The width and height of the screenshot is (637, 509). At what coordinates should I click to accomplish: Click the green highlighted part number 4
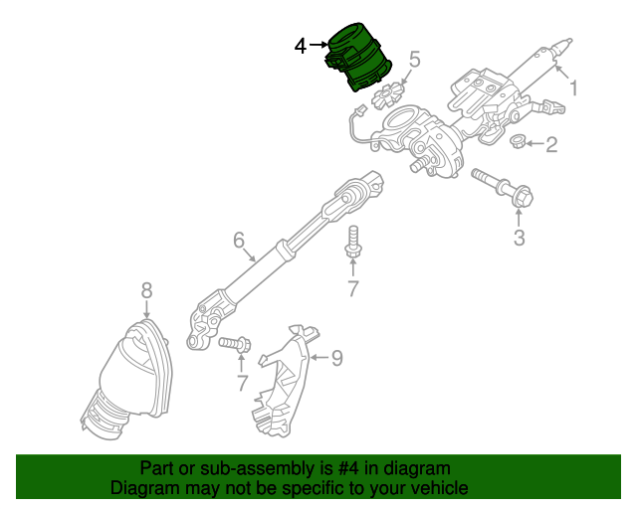pos(357,57)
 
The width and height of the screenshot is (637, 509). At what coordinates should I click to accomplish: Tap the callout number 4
pos(301,46)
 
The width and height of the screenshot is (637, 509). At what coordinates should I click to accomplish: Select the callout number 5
pos(414,60)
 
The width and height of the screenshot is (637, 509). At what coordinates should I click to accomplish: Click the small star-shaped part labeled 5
pos(387,96)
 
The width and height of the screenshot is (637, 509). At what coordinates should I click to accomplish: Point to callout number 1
pos(573,88)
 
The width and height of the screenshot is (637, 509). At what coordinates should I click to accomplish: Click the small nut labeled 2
pos(518,141)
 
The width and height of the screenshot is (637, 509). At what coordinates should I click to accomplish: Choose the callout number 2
pos(551,144)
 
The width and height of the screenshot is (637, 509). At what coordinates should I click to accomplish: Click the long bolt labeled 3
pos(502,188)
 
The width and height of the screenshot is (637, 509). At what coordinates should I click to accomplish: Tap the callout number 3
pos(520,238)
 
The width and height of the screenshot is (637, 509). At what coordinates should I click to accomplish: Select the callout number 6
pos(239,240)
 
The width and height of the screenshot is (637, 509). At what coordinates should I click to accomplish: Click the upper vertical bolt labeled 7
pos(353,242)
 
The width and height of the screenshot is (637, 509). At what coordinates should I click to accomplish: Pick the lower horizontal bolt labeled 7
pos(235,345)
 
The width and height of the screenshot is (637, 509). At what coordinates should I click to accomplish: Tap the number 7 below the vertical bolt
pos(353,289)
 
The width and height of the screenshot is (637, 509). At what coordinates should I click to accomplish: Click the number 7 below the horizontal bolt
pos(242,383)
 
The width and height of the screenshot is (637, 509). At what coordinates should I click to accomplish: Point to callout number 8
pos(146,290)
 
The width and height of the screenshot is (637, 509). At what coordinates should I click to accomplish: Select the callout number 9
pos(337,358)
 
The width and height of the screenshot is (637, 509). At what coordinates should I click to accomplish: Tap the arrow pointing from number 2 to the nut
pos(534,144)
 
